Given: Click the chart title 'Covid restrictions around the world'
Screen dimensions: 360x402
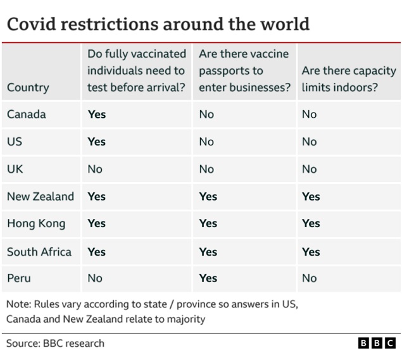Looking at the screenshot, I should (158, 24).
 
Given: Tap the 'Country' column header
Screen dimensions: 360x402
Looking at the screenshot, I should (28, 87).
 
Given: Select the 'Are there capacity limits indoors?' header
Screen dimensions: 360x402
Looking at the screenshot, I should (348, 79).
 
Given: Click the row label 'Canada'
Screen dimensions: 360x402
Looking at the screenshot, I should (27, 115).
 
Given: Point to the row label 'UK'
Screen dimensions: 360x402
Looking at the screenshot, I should (15, 169).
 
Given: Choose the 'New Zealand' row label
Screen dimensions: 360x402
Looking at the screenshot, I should (41, 196).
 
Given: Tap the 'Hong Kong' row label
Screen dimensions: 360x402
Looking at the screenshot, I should (36, 223).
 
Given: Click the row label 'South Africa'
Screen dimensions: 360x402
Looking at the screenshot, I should (39, 251).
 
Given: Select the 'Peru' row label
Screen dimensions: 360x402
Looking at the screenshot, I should (19, 278).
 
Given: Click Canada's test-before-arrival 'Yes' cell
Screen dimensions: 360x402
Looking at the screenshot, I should (96, 115).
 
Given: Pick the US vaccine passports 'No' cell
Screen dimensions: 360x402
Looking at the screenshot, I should (206, 142).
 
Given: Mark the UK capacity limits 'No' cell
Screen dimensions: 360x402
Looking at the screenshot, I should (309, 169).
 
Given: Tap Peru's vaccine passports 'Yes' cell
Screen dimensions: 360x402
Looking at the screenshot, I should (208, 278).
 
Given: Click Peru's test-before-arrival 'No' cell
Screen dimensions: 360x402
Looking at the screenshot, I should (95, 278).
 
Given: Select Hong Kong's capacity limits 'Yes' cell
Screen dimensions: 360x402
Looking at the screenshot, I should (311, 223).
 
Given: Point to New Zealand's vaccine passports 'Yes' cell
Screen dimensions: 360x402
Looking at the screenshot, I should (208, 196).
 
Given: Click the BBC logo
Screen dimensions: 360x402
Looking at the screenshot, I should (377, 344).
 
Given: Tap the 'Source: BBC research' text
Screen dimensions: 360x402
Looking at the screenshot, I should (55, 344).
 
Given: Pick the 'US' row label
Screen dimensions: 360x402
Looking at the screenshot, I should (15, 142).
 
